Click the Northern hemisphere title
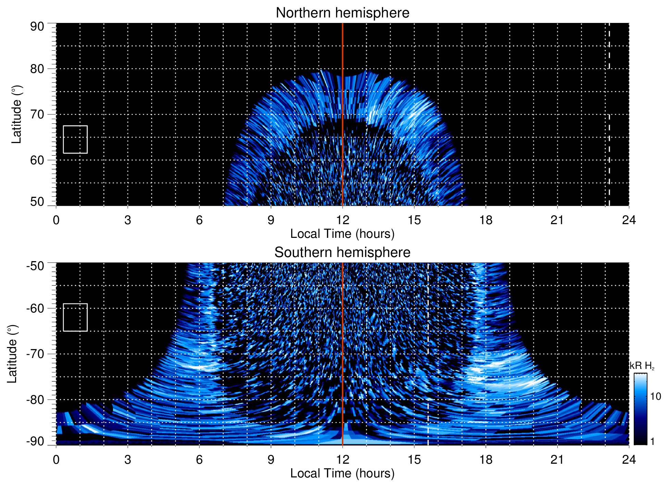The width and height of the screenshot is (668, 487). (x=342, y=13)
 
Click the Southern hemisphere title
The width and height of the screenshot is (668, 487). (x=342, y=253)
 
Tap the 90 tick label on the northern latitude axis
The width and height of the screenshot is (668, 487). (x=37, y=27)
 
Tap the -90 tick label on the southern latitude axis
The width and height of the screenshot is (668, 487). (x=35, y=441)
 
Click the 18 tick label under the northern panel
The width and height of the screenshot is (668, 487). (x=486, y=220)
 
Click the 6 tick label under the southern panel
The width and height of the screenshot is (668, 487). (x=199, y=460)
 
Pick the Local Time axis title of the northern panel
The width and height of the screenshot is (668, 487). (x=342, y=234)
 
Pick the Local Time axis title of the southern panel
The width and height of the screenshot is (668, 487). (x=342, y=473)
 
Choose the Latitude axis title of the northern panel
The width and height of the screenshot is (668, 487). (x=16, y=114)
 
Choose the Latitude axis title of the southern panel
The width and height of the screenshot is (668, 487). (x=12, y=354)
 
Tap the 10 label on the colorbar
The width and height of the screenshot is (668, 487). (x=655, y=396)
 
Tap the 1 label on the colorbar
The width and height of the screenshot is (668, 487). (x=652, y=441)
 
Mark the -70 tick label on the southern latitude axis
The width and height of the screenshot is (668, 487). (x=35, y=354)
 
